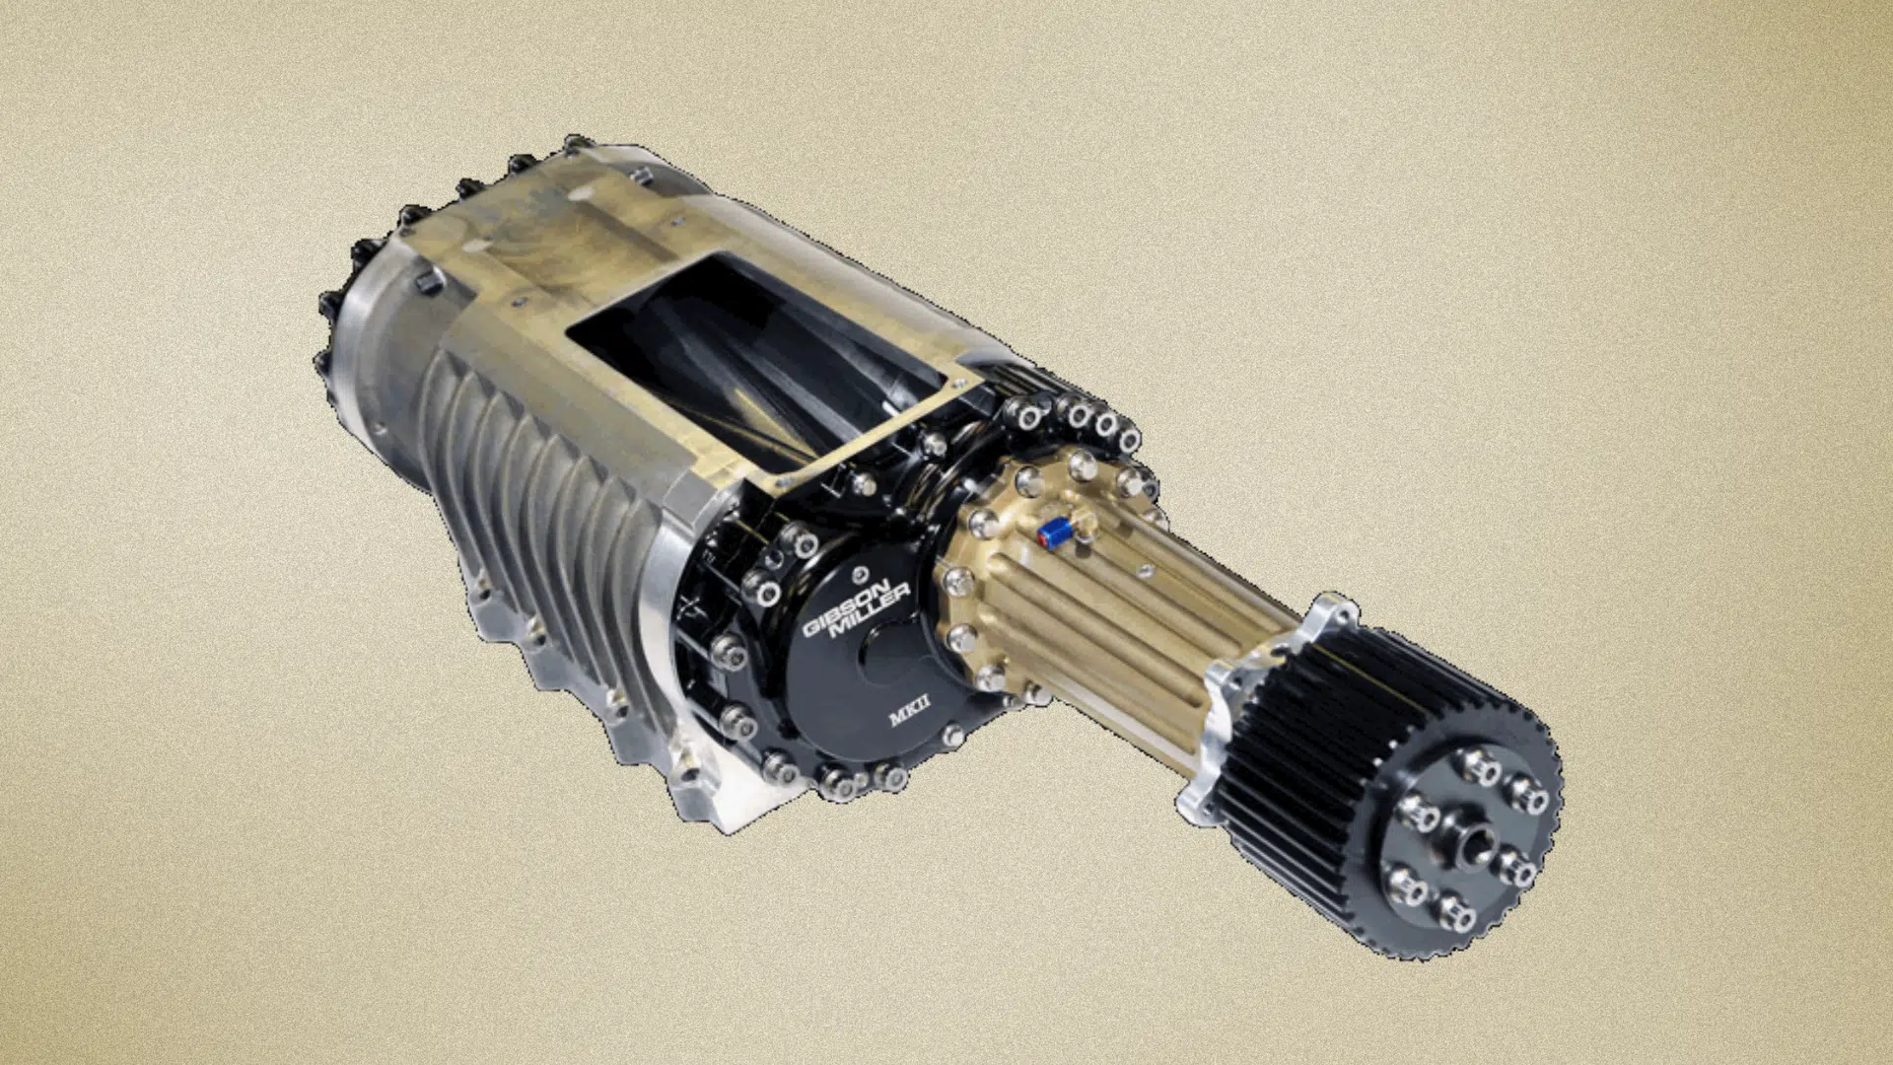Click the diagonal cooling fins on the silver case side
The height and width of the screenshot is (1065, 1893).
click(513, 444)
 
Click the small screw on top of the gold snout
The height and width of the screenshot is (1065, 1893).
click(1144, 570)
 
